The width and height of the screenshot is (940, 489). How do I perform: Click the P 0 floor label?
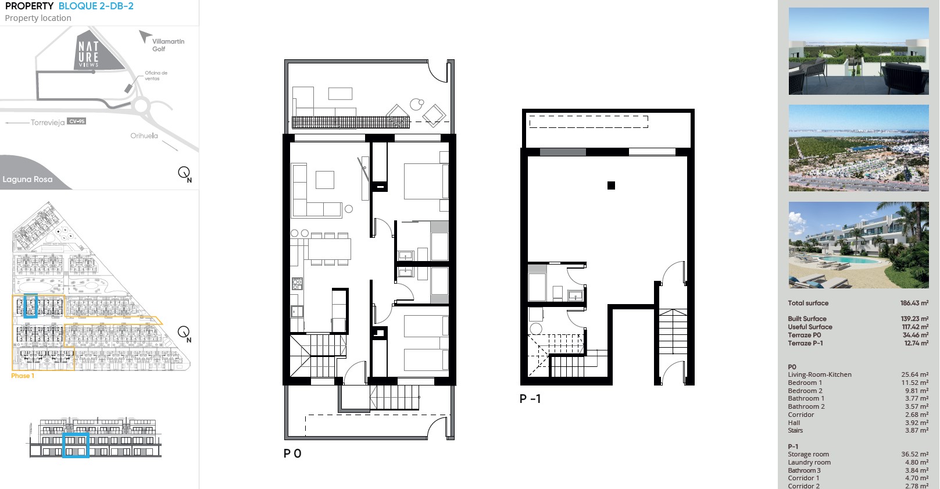(292, 454)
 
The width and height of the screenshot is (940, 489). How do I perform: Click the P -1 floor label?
(530, 399)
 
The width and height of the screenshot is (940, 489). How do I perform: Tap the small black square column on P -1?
(611, 185)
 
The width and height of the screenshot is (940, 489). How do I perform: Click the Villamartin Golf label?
(168, 45)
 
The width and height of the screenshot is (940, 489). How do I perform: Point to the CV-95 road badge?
(77, 122)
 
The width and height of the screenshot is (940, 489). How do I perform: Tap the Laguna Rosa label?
(28, 179)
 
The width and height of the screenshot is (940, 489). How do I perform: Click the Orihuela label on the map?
(144, 135)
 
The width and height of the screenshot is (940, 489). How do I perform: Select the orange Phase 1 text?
(23, 376)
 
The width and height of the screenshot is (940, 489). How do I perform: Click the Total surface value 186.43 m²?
(914, 303)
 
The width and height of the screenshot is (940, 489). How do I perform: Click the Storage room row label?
(808, 454)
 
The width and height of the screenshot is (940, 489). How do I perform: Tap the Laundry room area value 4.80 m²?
(917, 463)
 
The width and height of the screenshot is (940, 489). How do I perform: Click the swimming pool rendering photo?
(859, 245)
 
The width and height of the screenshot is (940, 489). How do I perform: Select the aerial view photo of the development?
(859, 148)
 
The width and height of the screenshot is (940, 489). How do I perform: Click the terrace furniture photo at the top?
(859, 51)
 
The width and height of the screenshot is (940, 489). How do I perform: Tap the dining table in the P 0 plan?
(330, 249)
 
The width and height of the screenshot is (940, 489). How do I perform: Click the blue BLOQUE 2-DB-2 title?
(96, 6)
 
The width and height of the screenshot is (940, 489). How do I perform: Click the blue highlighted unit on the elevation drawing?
(76, 445)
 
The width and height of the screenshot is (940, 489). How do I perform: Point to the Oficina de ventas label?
(156, 76)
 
